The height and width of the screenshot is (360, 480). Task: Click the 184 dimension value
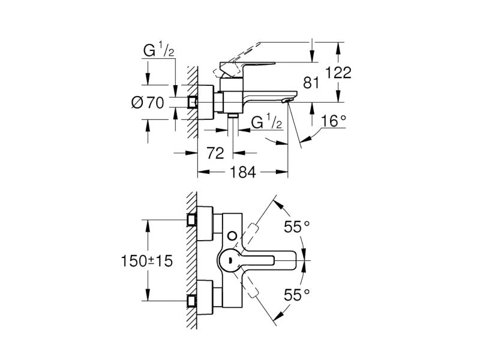click(x=243, y=172)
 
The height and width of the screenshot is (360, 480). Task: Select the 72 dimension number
click(x=215, y=153)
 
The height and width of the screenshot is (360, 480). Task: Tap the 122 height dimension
click(x=338, y=73)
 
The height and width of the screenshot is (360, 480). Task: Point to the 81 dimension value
click(x=311, y=83)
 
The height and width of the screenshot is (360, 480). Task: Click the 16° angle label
click(x=334, y=121)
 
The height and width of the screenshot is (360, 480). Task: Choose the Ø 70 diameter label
click(x=148, y=103)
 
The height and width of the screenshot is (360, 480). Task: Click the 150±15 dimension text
click(x=147, y=261)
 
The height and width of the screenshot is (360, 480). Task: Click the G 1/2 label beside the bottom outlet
click(x=266, y=122)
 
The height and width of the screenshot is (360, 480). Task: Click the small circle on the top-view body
click(x=232, y=236)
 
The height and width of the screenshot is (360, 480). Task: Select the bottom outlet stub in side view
click(x=233, y=115)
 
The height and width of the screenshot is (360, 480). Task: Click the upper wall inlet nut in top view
click(x=192, y=220)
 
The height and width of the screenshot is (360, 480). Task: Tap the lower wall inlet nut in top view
click(x=192, y=301)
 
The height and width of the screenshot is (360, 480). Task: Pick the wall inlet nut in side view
click(x=192, y=102)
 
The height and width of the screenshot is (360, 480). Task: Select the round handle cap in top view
click(x=230, y=260)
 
